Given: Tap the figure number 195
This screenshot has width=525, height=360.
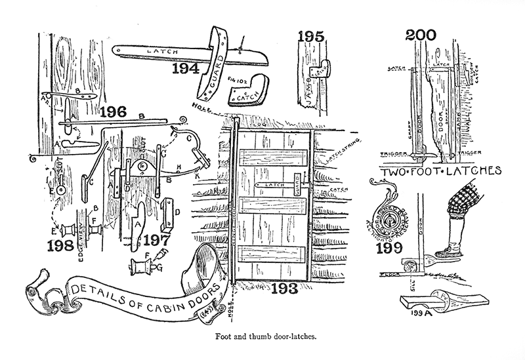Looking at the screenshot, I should click(310, 37).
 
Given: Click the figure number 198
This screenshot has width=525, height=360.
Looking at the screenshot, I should click(62, 247).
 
